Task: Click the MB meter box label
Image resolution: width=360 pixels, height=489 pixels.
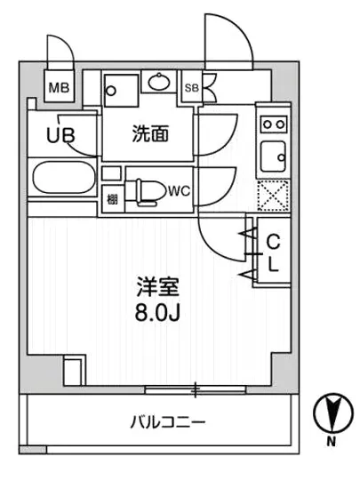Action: [x=60, y=87]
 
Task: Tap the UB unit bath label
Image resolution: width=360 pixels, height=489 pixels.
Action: [x=60, y=138]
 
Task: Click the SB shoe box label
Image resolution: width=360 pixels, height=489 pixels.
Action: [x=191, y=87]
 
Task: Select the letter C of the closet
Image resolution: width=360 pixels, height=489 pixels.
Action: [x=275, y=240]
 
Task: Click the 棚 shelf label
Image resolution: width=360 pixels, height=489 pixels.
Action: [x=113, y=197]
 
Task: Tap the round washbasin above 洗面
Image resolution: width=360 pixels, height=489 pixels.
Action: [x=160, y=84]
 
